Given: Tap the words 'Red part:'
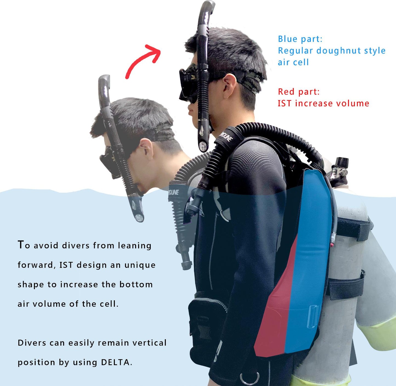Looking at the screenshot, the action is pos(299,92).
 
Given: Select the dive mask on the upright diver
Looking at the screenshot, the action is pos(188,83).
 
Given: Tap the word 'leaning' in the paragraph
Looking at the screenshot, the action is pos(135,246).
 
